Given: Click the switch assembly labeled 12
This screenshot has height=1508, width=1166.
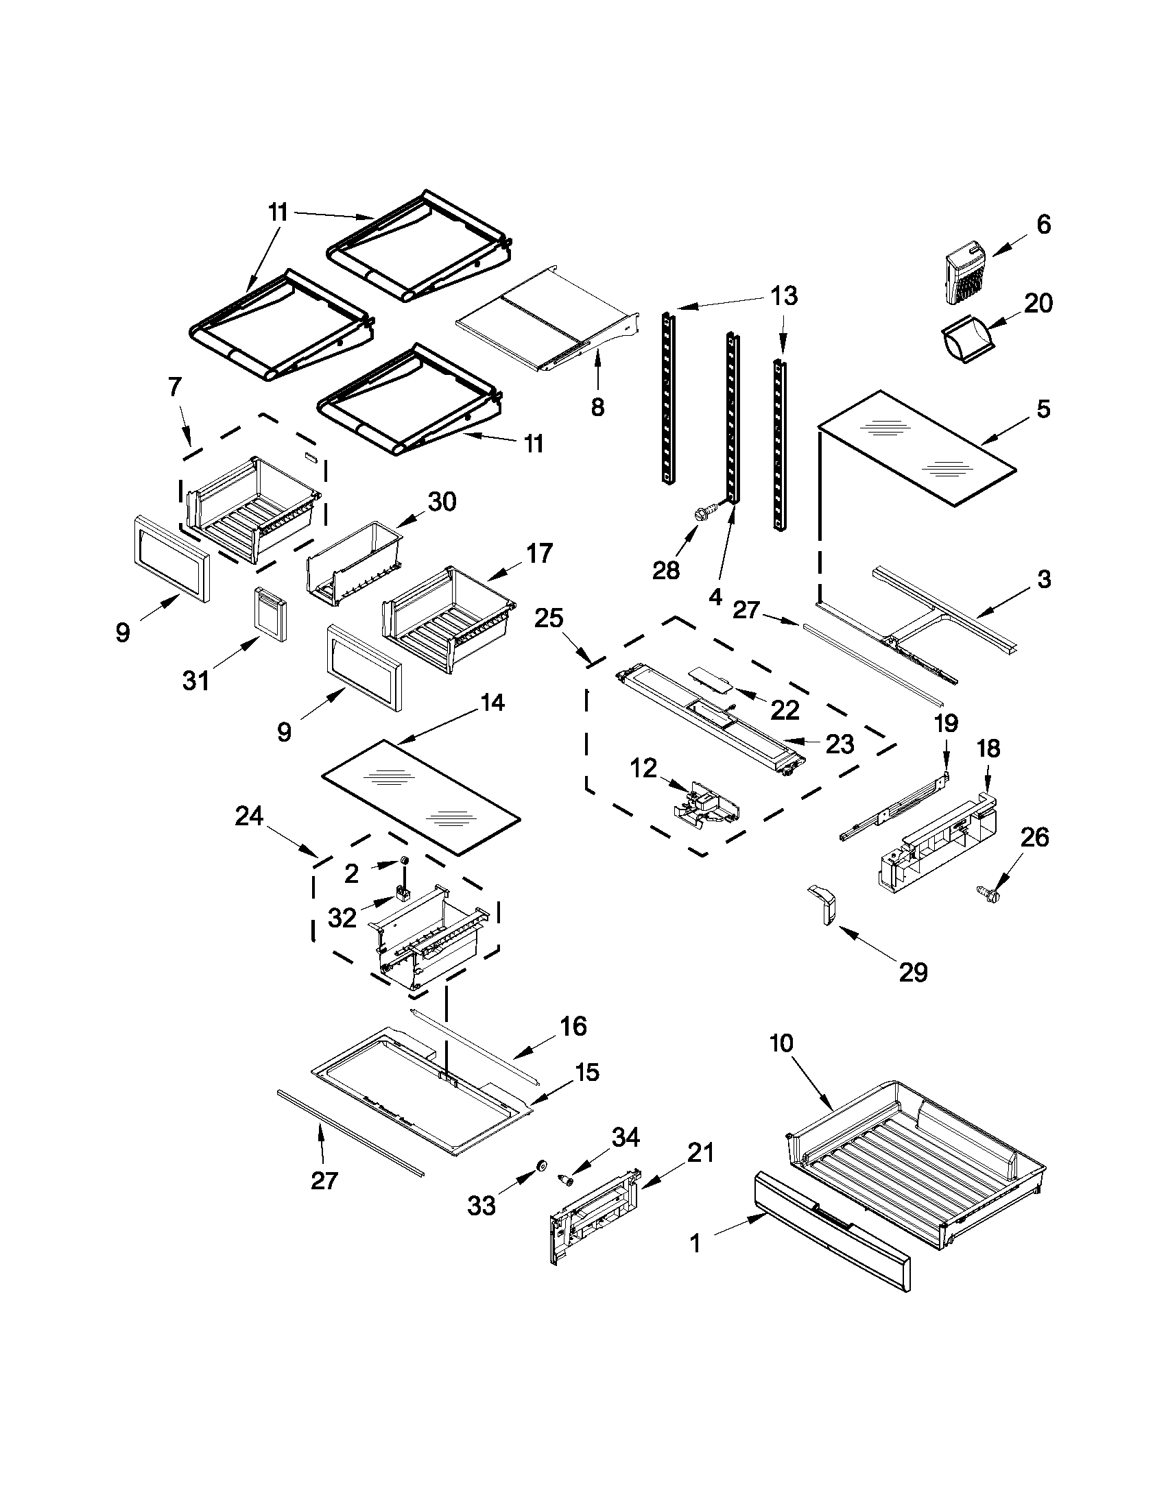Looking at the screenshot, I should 706,805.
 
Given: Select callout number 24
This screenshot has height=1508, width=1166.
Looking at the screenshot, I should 249,816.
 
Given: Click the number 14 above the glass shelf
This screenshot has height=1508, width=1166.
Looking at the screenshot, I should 492,703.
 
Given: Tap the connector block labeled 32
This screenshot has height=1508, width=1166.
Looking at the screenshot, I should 401,895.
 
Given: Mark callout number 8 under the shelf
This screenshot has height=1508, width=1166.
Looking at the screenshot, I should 597,407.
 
